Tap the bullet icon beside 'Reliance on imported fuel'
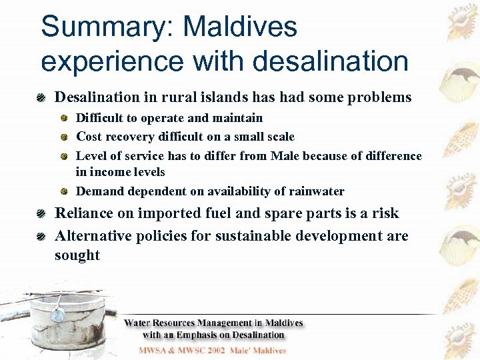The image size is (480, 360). pos(42,214)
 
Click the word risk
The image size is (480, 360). pos(385,213)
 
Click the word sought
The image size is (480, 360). pos(77,255)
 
